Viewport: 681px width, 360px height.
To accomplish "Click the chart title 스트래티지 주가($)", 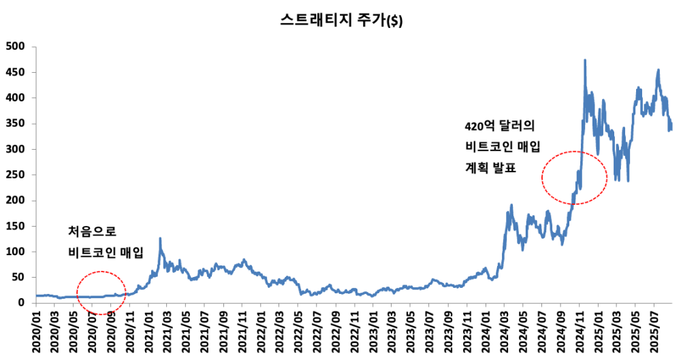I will click(341, 20).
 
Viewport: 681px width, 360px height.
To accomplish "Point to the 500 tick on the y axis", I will click(15, 46).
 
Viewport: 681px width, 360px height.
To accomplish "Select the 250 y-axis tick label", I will click(15, 175).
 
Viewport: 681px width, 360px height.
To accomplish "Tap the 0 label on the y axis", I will click(22, 303).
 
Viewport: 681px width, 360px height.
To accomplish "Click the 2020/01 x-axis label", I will click(40, 331).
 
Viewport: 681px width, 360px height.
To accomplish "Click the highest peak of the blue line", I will click(585, 61).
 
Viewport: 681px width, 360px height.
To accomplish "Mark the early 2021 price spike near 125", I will click(160, 239).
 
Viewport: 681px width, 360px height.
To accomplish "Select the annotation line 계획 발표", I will click(490, 167).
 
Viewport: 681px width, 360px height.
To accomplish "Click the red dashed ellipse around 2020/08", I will click(101, 293).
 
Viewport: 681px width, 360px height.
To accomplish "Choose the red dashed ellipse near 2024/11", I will click(574, 178).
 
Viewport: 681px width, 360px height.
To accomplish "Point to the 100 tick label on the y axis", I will click(15, 252).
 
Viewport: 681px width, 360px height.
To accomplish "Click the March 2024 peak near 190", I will click(511, 206).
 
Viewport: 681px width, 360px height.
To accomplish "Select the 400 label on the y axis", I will click(15, 98).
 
